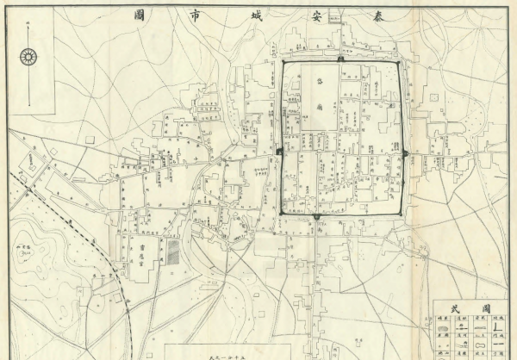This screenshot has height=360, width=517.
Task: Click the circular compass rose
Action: coord(28,58)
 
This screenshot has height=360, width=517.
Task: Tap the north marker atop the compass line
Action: coord(28,38)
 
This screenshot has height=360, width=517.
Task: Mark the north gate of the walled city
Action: coord(341,60)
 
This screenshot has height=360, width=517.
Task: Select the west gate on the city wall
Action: coord(281,152)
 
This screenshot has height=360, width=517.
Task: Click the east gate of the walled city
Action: coord(404,153)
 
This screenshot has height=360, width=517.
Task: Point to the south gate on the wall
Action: coord(317,215)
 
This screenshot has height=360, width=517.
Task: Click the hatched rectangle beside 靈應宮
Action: coord(172,251)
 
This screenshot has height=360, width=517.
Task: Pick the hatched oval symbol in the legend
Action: coord(442,326)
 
